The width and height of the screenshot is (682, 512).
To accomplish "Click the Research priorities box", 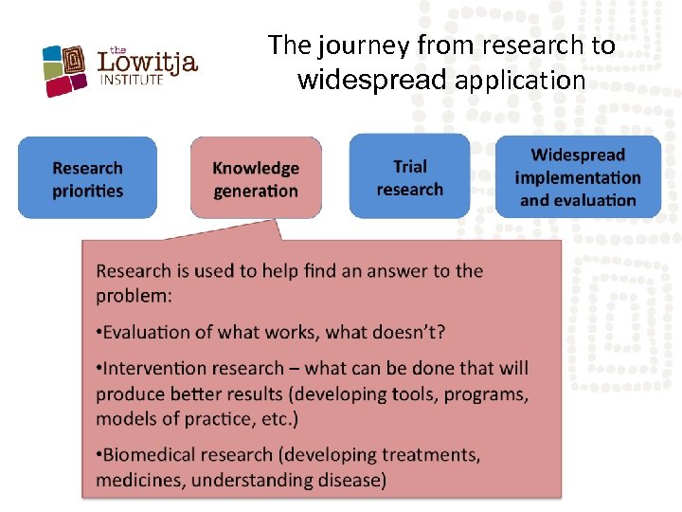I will point(87,178).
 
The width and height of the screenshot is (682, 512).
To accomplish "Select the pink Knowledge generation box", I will point(256,178).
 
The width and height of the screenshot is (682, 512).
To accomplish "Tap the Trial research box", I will point(409,176).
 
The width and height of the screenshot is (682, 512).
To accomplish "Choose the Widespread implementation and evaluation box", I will point(578,176).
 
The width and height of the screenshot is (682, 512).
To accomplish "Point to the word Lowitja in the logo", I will point(148,64).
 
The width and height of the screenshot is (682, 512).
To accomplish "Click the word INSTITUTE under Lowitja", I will point(132,81).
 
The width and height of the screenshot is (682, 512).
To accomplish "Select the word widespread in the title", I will point(371,81).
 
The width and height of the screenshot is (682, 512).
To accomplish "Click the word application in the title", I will point(520,81).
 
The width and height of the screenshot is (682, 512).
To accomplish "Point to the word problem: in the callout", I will point(134,296).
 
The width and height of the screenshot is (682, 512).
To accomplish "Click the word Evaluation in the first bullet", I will point(147,332).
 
